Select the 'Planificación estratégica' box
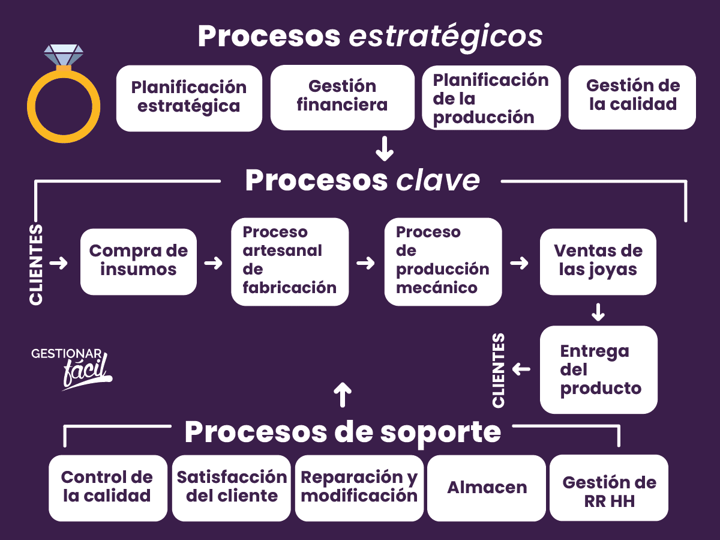pyautogui.click(x=189, y=98)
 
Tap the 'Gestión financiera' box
pyautogui.click(x=342, y=97)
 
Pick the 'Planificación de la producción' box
pyautogui.click(x=491, y=98)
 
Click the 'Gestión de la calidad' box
pyautogui.click(x=632, y=97)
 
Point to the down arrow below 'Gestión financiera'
pyautogui.click(x=385, y=148)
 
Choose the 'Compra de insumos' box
pyautogui.click(x=139, y=261)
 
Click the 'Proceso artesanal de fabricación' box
pyautogui.click(x=290, y=261)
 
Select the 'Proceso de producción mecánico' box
pyautogui.click(x=443, y=261)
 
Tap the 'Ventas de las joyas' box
pyautogui.click(x=598, y=261)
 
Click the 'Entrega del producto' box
pyautogui.click(x=598, y=369)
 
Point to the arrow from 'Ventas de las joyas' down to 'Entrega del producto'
pyautogui.click(x=598, y=312)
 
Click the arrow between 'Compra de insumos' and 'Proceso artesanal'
pyautogui.click(x=213, y=263)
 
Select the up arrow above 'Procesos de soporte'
pyautogui.click(x=342, y=395)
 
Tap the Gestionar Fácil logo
pyautogui.click(x=72, y=368)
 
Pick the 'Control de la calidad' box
pyautogui.click(x=107, y=488)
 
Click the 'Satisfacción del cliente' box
pyautogui.click(x=232, y=488)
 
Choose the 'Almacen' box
pyautogui.click(x=487, y=488)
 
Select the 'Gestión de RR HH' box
pyautogui.click(x=609, y=488)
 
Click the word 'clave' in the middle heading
pyautogui.click(x=438, y=181)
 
